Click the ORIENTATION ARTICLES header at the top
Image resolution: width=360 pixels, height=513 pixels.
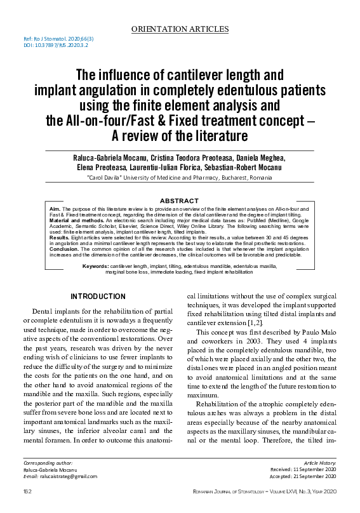pos(179,29)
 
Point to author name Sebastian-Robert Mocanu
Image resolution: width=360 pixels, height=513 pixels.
pos(246,168)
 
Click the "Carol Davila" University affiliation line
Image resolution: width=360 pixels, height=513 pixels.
pos(179,178)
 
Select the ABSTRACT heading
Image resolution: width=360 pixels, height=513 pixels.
pos(180,200)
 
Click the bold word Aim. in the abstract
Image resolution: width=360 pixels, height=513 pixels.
pos(54,208)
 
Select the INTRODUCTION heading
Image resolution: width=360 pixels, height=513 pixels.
pos(97,296)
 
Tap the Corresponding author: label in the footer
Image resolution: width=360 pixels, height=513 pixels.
pos(47,463)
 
